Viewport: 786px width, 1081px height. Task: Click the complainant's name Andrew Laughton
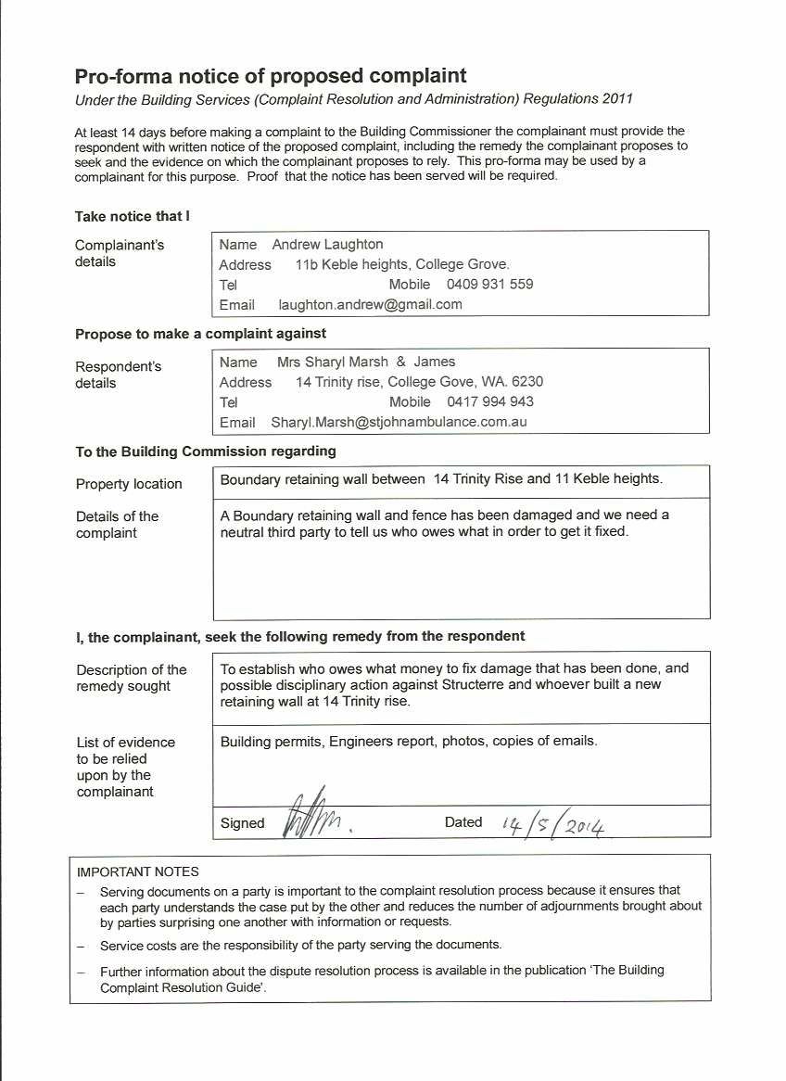point(327,245)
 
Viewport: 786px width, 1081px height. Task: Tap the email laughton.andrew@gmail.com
point(370,304)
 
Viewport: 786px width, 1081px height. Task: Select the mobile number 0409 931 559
point(489,285)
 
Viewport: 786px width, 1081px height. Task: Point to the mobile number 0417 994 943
point(489,402)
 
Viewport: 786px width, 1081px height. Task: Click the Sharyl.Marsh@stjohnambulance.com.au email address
point(399,422)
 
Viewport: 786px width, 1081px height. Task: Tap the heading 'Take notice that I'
point(132,216)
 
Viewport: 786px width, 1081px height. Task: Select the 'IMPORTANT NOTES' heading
point(137,871)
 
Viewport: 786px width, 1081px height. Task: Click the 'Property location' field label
point(129,484)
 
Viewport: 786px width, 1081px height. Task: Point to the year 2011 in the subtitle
point(617,98)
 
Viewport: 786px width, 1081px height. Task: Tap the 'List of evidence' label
point(125,742)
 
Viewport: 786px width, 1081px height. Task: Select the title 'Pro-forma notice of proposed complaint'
point(271,75)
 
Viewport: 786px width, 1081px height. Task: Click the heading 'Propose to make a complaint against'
point(200,333)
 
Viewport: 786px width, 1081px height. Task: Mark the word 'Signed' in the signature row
point(242,823)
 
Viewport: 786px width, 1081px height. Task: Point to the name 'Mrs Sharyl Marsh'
point(332,362)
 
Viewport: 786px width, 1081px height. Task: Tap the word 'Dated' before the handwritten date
point(463,822)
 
